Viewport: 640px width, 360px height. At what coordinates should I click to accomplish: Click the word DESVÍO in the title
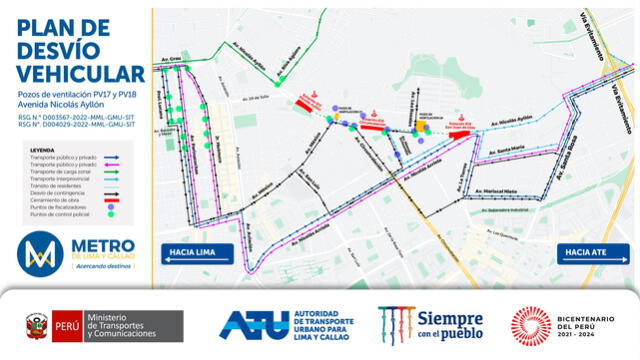coord(61,49)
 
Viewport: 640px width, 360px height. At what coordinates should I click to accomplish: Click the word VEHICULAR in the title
coord(81,74)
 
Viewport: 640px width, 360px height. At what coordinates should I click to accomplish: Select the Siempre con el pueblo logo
coord(431,324)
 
